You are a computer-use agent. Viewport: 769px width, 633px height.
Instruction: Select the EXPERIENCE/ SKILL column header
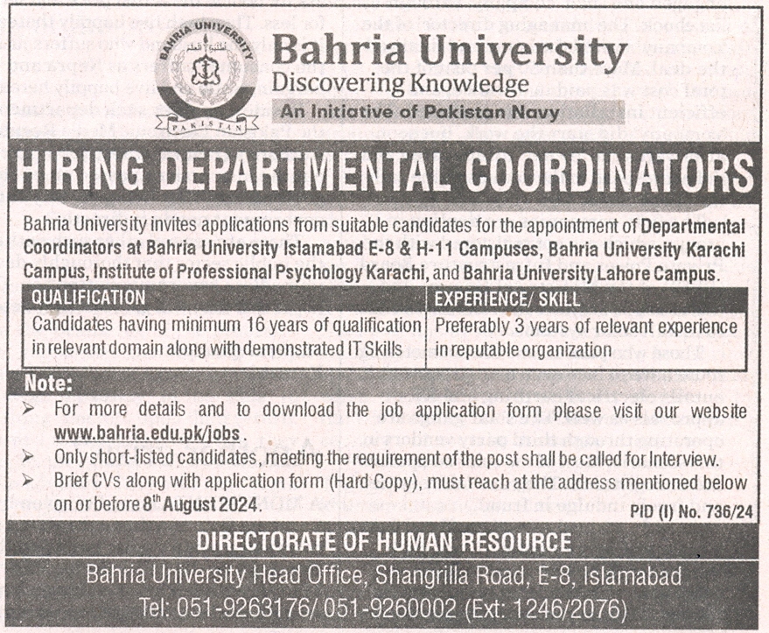point(507,299)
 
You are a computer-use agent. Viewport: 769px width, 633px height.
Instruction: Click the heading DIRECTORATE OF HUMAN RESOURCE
point(384,541)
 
